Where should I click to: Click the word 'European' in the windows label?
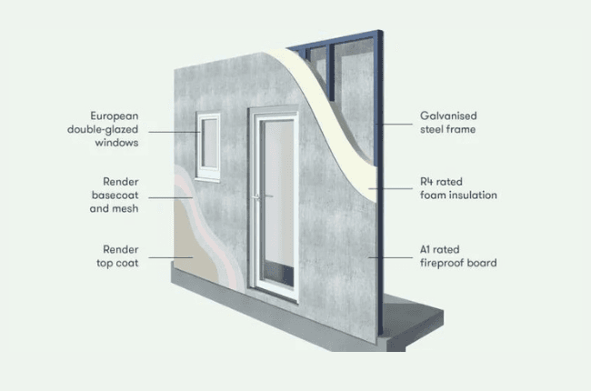pyautogui.click(x=115, y=115)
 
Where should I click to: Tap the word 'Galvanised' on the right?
pyautogui.click(x=448, y=115)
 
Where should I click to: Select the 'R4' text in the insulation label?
pyautogui.click(x=426, y=182)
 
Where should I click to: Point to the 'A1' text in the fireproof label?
pyautogui.click(x=425, y=250)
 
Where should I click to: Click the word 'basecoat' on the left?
pyautogui.click(x=115, y=195)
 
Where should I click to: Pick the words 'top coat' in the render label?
pyautogui.click(x=117, y=263)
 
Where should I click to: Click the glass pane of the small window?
pyautogui.click(x=209, y=143)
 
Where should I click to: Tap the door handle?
pyautogui.click(x=263, y=196)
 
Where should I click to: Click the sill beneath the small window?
pyautogui.click(x=207, y=179)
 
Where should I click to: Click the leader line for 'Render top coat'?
pyautogui.click(x=170, y=258)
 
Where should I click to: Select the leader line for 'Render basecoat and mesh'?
pyautogui.click(x=170, y=197)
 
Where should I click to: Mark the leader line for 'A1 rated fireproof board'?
pyautogui.click(x=390, y=258)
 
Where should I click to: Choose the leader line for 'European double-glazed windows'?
pyautogui.click(x=175, y=132)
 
